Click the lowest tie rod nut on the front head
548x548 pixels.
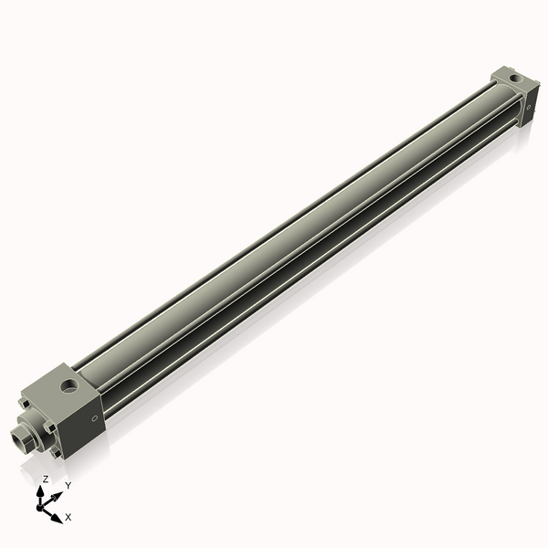point(61,454)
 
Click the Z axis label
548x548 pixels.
point(46,479)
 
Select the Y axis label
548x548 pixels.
point(68,486)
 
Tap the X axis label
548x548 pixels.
point(68,517)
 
